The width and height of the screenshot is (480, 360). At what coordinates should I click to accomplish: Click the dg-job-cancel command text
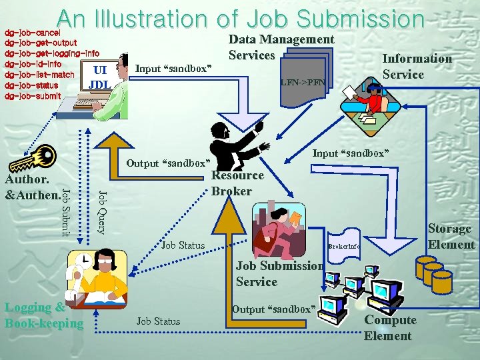(x=33, y=32)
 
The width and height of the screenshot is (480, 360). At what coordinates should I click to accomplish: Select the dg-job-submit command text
(x=33, y=95)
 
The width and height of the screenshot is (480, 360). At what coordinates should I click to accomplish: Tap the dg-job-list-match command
(x=39, y=75)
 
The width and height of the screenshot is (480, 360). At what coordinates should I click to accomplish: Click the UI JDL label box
(x=99, y=77)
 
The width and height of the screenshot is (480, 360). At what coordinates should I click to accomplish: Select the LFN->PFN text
(x=303, y=83)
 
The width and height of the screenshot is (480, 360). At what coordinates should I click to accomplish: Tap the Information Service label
(x=416, y=66)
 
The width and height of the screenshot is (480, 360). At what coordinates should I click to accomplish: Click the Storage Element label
(x=451, y=236)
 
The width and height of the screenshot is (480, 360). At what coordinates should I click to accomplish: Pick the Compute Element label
(x=389, y=327)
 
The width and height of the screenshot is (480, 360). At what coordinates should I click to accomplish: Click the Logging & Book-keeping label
(x=44, y=315)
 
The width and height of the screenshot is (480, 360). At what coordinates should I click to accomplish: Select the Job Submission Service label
(x=279, y=273)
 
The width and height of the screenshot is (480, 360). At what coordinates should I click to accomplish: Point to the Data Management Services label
(x=281, y=47)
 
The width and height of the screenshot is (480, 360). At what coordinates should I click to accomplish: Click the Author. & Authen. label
(x=31, y=187)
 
